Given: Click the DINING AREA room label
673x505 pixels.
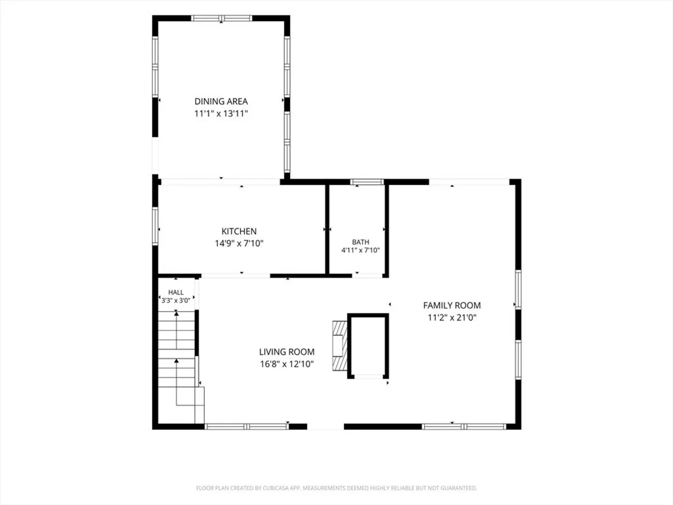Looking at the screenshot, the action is tap(221, 101).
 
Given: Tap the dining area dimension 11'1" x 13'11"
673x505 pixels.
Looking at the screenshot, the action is tap(221, 114).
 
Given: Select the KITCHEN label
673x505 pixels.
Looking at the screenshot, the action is tap(239, 231).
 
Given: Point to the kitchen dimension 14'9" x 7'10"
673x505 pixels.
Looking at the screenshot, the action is tap(239, 244).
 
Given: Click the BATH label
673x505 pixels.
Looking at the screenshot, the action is tap(360, 242).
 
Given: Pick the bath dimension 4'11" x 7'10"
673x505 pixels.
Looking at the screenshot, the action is tap(360, 250).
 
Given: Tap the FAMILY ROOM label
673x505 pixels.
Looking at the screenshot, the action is tap(452, 305).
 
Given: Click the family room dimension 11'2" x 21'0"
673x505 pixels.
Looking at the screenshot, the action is tap(452, 317).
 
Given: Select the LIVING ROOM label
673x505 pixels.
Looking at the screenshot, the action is tap(286, 352).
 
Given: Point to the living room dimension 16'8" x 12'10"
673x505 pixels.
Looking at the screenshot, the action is tap(286, 364).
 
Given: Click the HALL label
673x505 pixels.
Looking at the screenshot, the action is tap(176, 292).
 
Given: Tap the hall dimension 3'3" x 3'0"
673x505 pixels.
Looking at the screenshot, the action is tap(176, 301).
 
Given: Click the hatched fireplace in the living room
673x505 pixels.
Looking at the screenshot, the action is tap(340, 346).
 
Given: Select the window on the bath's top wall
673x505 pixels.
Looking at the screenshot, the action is tap(367, 182).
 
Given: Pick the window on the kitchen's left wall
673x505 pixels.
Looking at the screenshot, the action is tap(155, 226).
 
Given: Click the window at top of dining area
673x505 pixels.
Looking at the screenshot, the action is tap(222, 18).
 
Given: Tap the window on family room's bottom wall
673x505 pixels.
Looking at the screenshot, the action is tap(464, 426).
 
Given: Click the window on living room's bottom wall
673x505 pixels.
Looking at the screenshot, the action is tap(246, 426).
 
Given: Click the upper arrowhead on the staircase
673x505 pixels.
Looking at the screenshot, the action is tap(176, 312).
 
